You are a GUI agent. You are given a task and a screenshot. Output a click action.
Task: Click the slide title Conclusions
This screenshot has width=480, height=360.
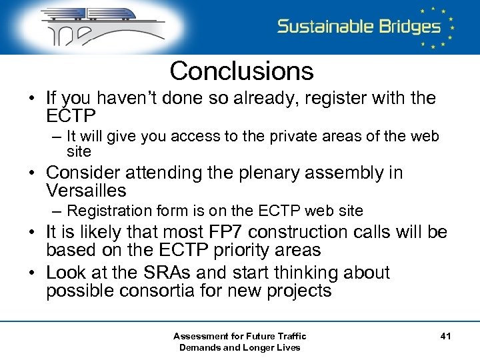(x=241, y=71)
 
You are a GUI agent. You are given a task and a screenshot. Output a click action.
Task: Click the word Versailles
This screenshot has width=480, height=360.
(x=86, y=191)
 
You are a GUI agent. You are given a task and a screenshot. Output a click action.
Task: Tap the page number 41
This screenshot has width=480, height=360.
(x=445, y=337)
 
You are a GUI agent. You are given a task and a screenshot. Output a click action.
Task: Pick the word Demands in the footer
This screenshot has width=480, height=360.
(x=201, y=347)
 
